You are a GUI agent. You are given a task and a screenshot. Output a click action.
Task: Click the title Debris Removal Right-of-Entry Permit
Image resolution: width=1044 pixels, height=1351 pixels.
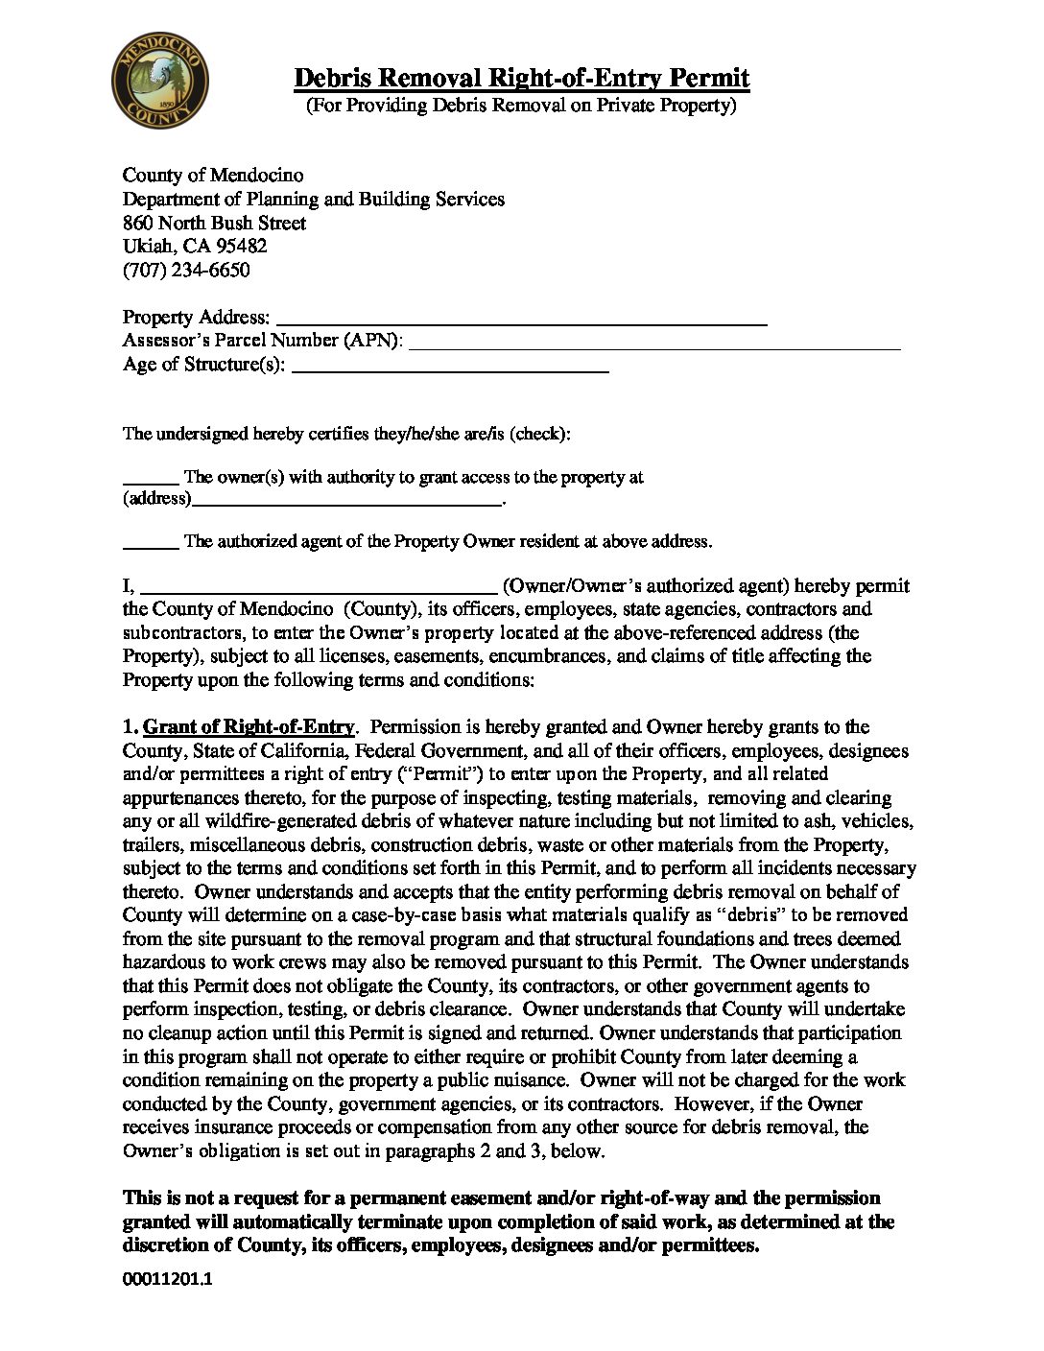(x=521, y=78)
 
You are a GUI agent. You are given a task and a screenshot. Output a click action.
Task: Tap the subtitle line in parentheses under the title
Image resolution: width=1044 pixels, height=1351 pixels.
(x=521, y=105)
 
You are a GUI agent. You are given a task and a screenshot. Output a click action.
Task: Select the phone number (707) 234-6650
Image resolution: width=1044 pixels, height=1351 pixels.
(x=186, y=270)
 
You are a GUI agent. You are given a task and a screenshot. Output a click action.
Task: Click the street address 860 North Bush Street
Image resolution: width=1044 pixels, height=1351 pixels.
(x=214, y=223)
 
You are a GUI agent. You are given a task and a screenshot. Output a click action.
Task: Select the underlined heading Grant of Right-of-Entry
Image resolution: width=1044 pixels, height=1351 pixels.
(x=249, y=727)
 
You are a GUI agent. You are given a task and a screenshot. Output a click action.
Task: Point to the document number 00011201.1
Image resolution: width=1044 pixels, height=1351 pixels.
(x=167, y=1279)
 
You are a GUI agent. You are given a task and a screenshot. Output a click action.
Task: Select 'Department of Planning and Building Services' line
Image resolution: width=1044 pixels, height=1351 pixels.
(x=313, y=199)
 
